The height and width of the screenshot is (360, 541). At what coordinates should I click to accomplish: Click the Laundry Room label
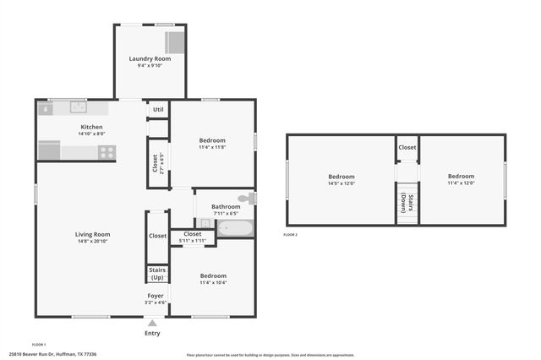click(x=150, y=58)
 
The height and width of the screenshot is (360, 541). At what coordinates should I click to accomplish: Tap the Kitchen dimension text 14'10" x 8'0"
click(x=91, y=134)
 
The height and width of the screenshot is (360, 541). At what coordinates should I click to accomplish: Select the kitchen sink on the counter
click(x=79, y=107)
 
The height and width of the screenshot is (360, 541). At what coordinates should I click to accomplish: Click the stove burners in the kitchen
click(x=107, y=152)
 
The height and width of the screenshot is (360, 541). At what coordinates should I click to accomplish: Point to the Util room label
click(x=158, y=110)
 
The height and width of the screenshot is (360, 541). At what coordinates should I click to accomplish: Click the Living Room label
click(x=92, y=234)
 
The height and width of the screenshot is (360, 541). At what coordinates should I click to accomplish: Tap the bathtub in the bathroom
click(x=234, y=228)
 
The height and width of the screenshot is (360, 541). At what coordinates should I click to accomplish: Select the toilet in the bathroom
click(x=244, y=199)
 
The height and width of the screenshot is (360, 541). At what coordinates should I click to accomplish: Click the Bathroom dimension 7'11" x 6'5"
click(x=226, y=213)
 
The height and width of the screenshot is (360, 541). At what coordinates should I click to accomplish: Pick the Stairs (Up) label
click(x=157, y=274)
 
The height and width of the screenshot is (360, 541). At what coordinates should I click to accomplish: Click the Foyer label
click(x=156, y=295)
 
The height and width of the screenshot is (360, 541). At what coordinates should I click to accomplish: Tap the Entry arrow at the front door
click(x=152, y=322)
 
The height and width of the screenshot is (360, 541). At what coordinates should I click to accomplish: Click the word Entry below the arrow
click(x=152, y=333)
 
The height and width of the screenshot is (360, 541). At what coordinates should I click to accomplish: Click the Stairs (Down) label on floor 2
click(x=407, y=205)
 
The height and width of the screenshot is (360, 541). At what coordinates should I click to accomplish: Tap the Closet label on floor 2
click(x=407, y=147)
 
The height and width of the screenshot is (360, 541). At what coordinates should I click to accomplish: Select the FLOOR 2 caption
click(x=291, y=234)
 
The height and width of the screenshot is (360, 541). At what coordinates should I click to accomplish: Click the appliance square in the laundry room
click(x=174, y=43)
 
